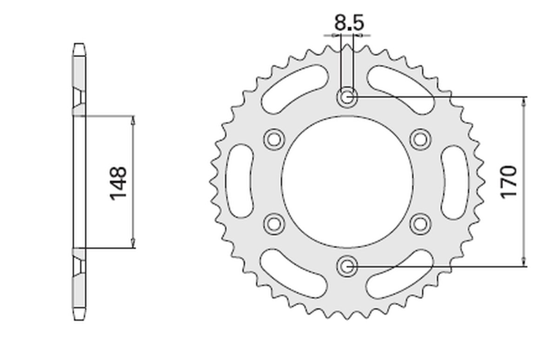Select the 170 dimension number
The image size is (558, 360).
click(x=509, y=181)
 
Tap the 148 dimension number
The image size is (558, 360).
click(x=118, y=183)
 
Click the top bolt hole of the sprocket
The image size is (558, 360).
click(x=347, y=98)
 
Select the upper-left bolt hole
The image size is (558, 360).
click(x=273, y=139)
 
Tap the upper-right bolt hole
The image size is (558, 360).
click(x=420, y=139)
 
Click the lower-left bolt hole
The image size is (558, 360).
click(x=273, y=224)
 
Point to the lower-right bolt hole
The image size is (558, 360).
click(x=420, y=224)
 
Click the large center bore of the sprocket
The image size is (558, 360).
click(x=347, y=182)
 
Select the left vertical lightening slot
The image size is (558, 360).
click(x=240, y=181)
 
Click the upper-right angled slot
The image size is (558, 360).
click(x=401, y=88)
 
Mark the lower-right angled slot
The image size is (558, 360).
click(x=401, y=274)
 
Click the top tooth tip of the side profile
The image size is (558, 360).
click(x=79, y=45)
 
